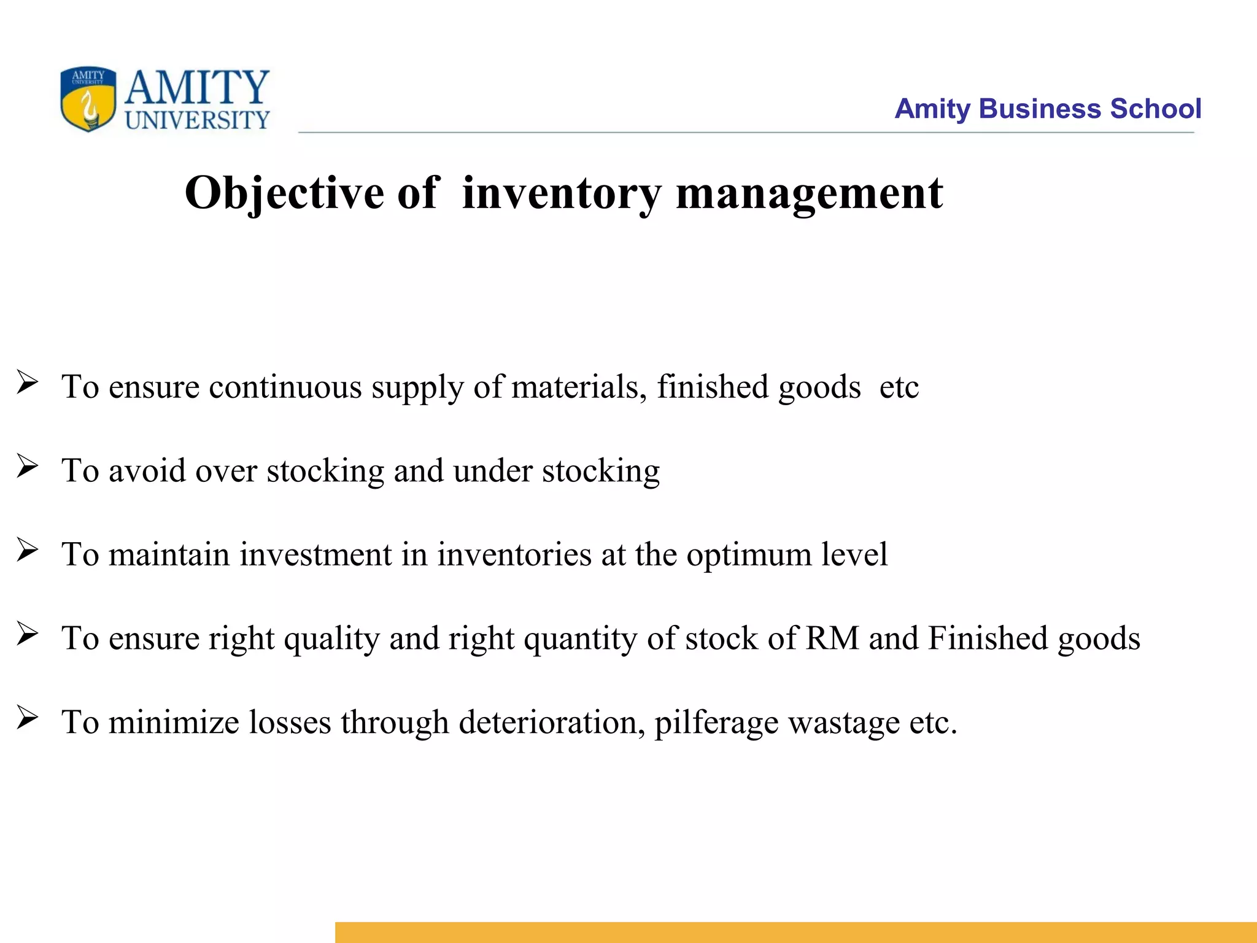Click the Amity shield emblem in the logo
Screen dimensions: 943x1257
coord(88,99)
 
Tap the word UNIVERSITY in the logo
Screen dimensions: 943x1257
coord(197,120)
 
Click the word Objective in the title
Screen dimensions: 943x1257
coord(284,193)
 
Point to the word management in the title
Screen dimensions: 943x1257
coord(809,193)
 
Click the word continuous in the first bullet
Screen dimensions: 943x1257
coord(285,387)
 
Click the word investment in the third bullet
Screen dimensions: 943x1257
coord(315,554)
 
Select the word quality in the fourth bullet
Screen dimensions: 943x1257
coord(331,639)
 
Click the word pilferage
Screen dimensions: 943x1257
coord(716,723)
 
